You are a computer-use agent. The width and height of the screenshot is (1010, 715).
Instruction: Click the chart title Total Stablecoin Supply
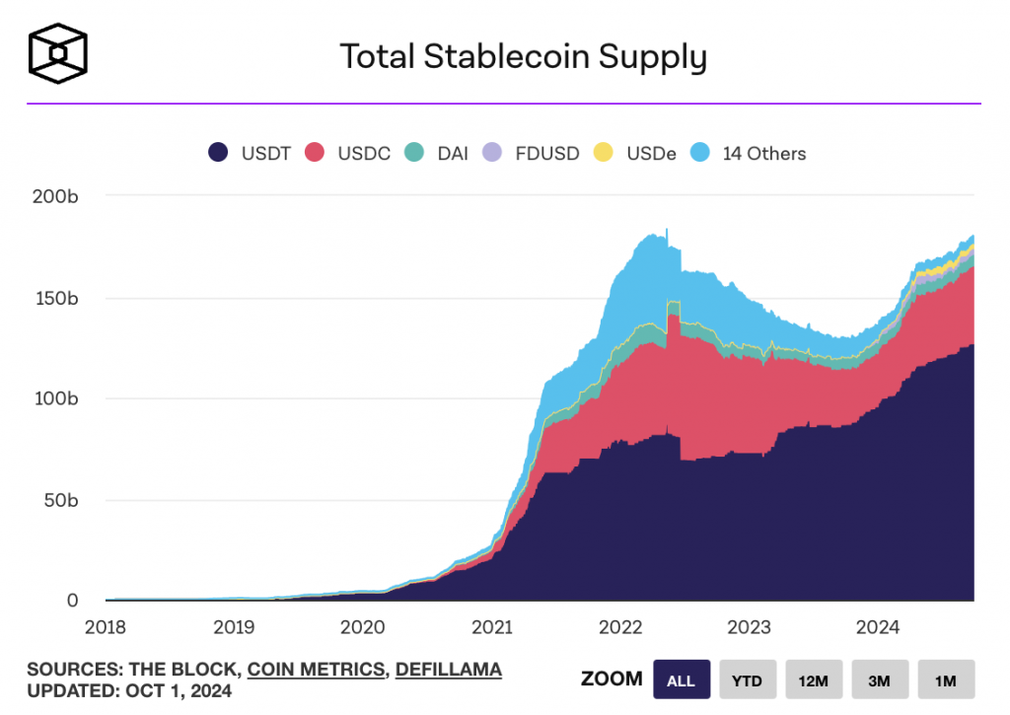[x=523, y=57]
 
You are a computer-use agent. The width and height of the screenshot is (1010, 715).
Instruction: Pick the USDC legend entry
[x=350, y=153]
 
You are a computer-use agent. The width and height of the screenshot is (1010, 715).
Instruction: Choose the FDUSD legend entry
[x=528, y=153]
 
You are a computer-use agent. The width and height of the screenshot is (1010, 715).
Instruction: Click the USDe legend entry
[x=637, y=153]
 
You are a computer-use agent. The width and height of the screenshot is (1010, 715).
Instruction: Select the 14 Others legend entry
[x=751, y=153]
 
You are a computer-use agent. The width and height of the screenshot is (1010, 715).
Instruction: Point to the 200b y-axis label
[x=55, y=196]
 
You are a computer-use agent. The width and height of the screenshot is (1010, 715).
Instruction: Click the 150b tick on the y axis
[x=56, y=298]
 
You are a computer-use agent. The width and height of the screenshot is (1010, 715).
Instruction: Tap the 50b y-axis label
[x=59, y=500]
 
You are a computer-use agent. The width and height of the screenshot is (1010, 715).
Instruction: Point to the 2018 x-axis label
[x=105, y=626]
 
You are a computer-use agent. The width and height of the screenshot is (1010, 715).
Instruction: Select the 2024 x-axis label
[x=877, y=626]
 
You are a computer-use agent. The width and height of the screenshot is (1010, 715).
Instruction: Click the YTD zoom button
[x=747, y=679]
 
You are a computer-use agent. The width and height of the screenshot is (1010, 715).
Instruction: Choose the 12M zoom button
[x=814, y=679]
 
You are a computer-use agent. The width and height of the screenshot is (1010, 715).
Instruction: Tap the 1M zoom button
[x=946, y=679]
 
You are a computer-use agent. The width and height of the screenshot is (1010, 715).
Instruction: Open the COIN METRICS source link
[x=316, y=670]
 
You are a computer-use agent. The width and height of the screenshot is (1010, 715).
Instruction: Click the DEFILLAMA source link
[x=449, y=670]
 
